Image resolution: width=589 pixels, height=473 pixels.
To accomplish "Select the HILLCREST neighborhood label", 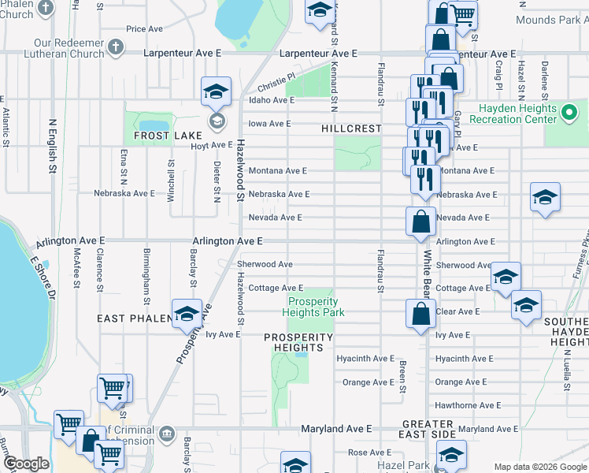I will tap(350, 128).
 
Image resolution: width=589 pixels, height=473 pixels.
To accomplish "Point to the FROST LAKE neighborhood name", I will tap(168, 136).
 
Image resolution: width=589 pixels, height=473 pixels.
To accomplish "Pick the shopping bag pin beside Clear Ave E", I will tap(421, 314).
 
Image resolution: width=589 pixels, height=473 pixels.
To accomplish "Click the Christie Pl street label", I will tap(275, 82).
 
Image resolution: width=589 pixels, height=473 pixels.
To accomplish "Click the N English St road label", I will tap(54, 146).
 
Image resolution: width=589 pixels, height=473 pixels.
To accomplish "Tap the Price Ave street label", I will tap(144, 29).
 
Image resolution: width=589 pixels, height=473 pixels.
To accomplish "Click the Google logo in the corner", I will tap(27, 464).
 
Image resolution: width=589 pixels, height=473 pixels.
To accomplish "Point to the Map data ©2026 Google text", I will tap(539, 467).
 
